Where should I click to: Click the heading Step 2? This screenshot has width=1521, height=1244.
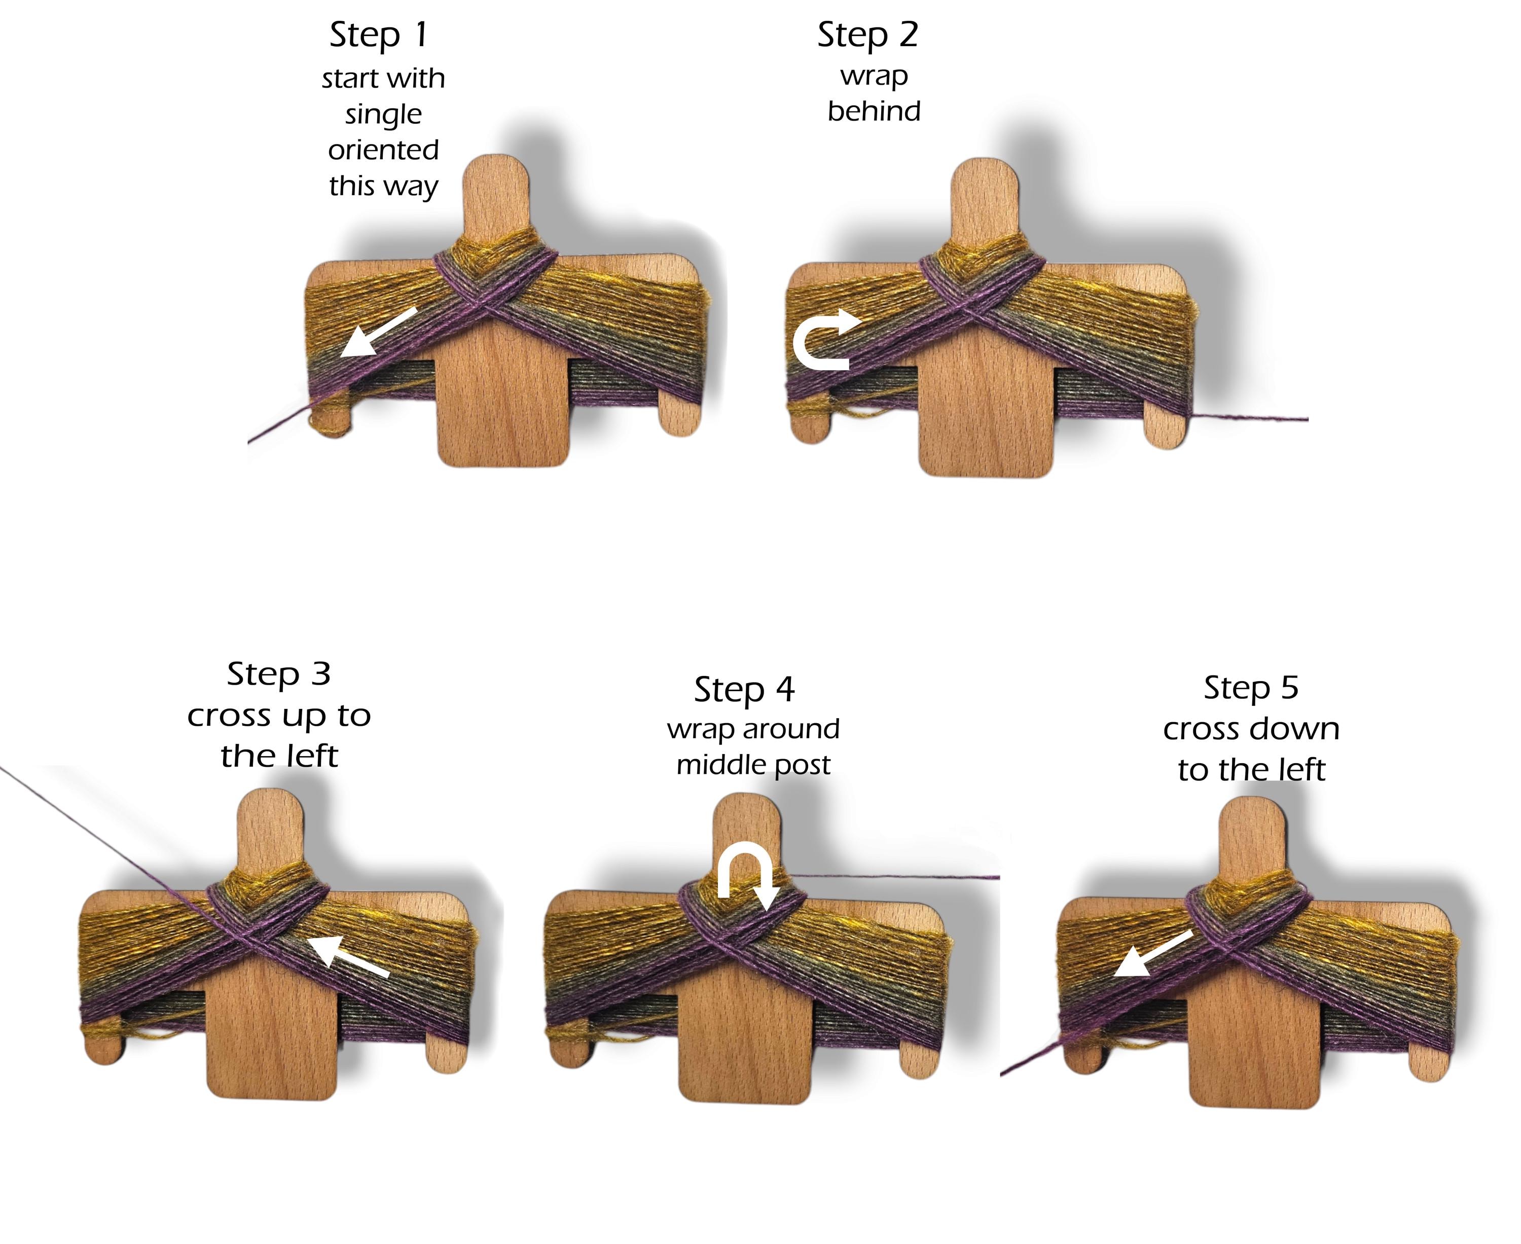pos(867,35)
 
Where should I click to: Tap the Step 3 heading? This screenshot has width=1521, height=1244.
pos(279,674)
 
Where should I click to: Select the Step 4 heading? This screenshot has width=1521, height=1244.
pos(744,690)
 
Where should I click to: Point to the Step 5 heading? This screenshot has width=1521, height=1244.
pos(1251,688)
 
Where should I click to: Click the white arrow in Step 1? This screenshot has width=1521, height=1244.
pos(378,332)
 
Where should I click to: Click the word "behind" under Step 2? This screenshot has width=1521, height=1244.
pos(874,112)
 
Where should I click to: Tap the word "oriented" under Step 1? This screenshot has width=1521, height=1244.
pos(383,150)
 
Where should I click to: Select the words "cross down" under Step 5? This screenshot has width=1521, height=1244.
pos(1251,729)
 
